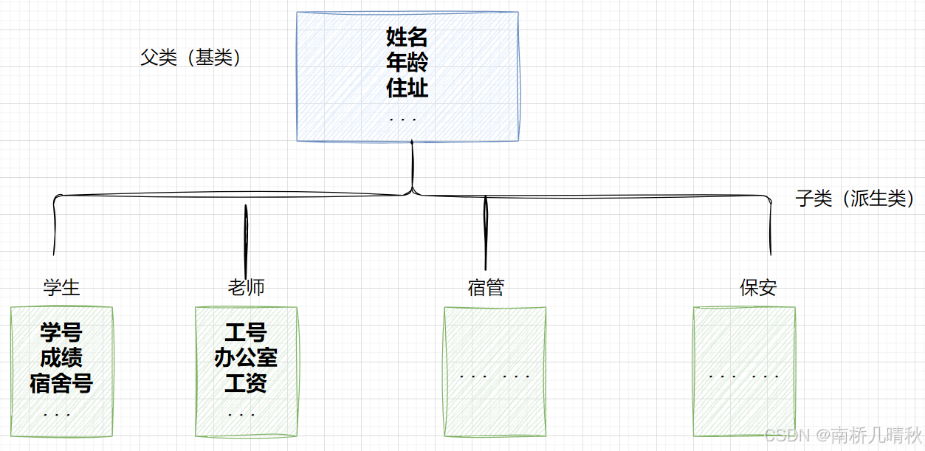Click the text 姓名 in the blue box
pos(407,36)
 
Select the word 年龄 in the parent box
pos(407,62)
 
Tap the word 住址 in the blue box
pos(407,88)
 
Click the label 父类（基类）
pos(191,58)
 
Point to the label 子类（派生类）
pos(855,198)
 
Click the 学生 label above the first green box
pos(62,287)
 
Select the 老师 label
pos(246,287)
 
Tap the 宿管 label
pos(486,287)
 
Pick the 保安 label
pos(758,287)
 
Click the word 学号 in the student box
pos(61,332)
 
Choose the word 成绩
pos(61,358)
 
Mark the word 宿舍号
pos(61,384)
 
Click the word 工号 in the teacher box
pos(246,332)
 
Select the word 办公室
pos(246,358)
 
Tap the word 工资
pos(246,384)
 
